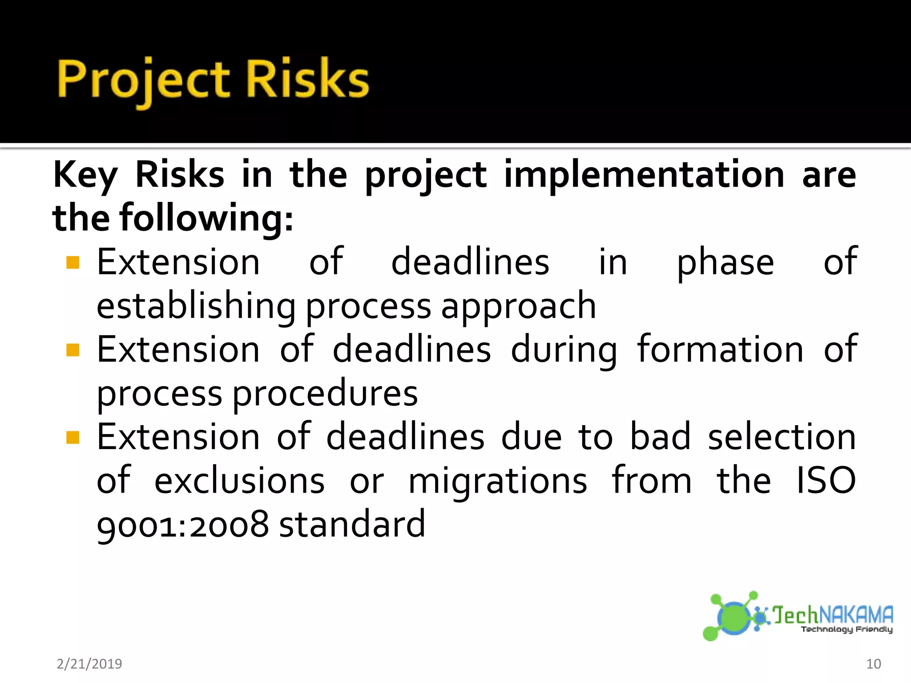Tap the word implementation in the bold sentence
(644, 175)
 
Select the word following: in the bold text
(206, 218)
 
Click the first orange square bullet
(73, 262)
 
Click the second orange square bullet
(73, 350)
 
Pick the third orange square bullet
(73, 438)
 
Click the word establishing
(196, 307)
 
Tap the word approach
(518, 307)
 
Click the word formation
(720, 350)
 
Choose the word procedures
(325, 394)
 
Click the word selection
(782, 438)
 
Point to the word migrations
(498, 482)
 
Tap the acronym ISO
(826, 481)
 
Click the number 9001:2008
(183, 525)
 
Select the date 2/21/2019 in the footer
(89, 664)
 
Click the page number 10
(873, 664)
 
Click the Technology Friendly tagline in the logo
(847, 629)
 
